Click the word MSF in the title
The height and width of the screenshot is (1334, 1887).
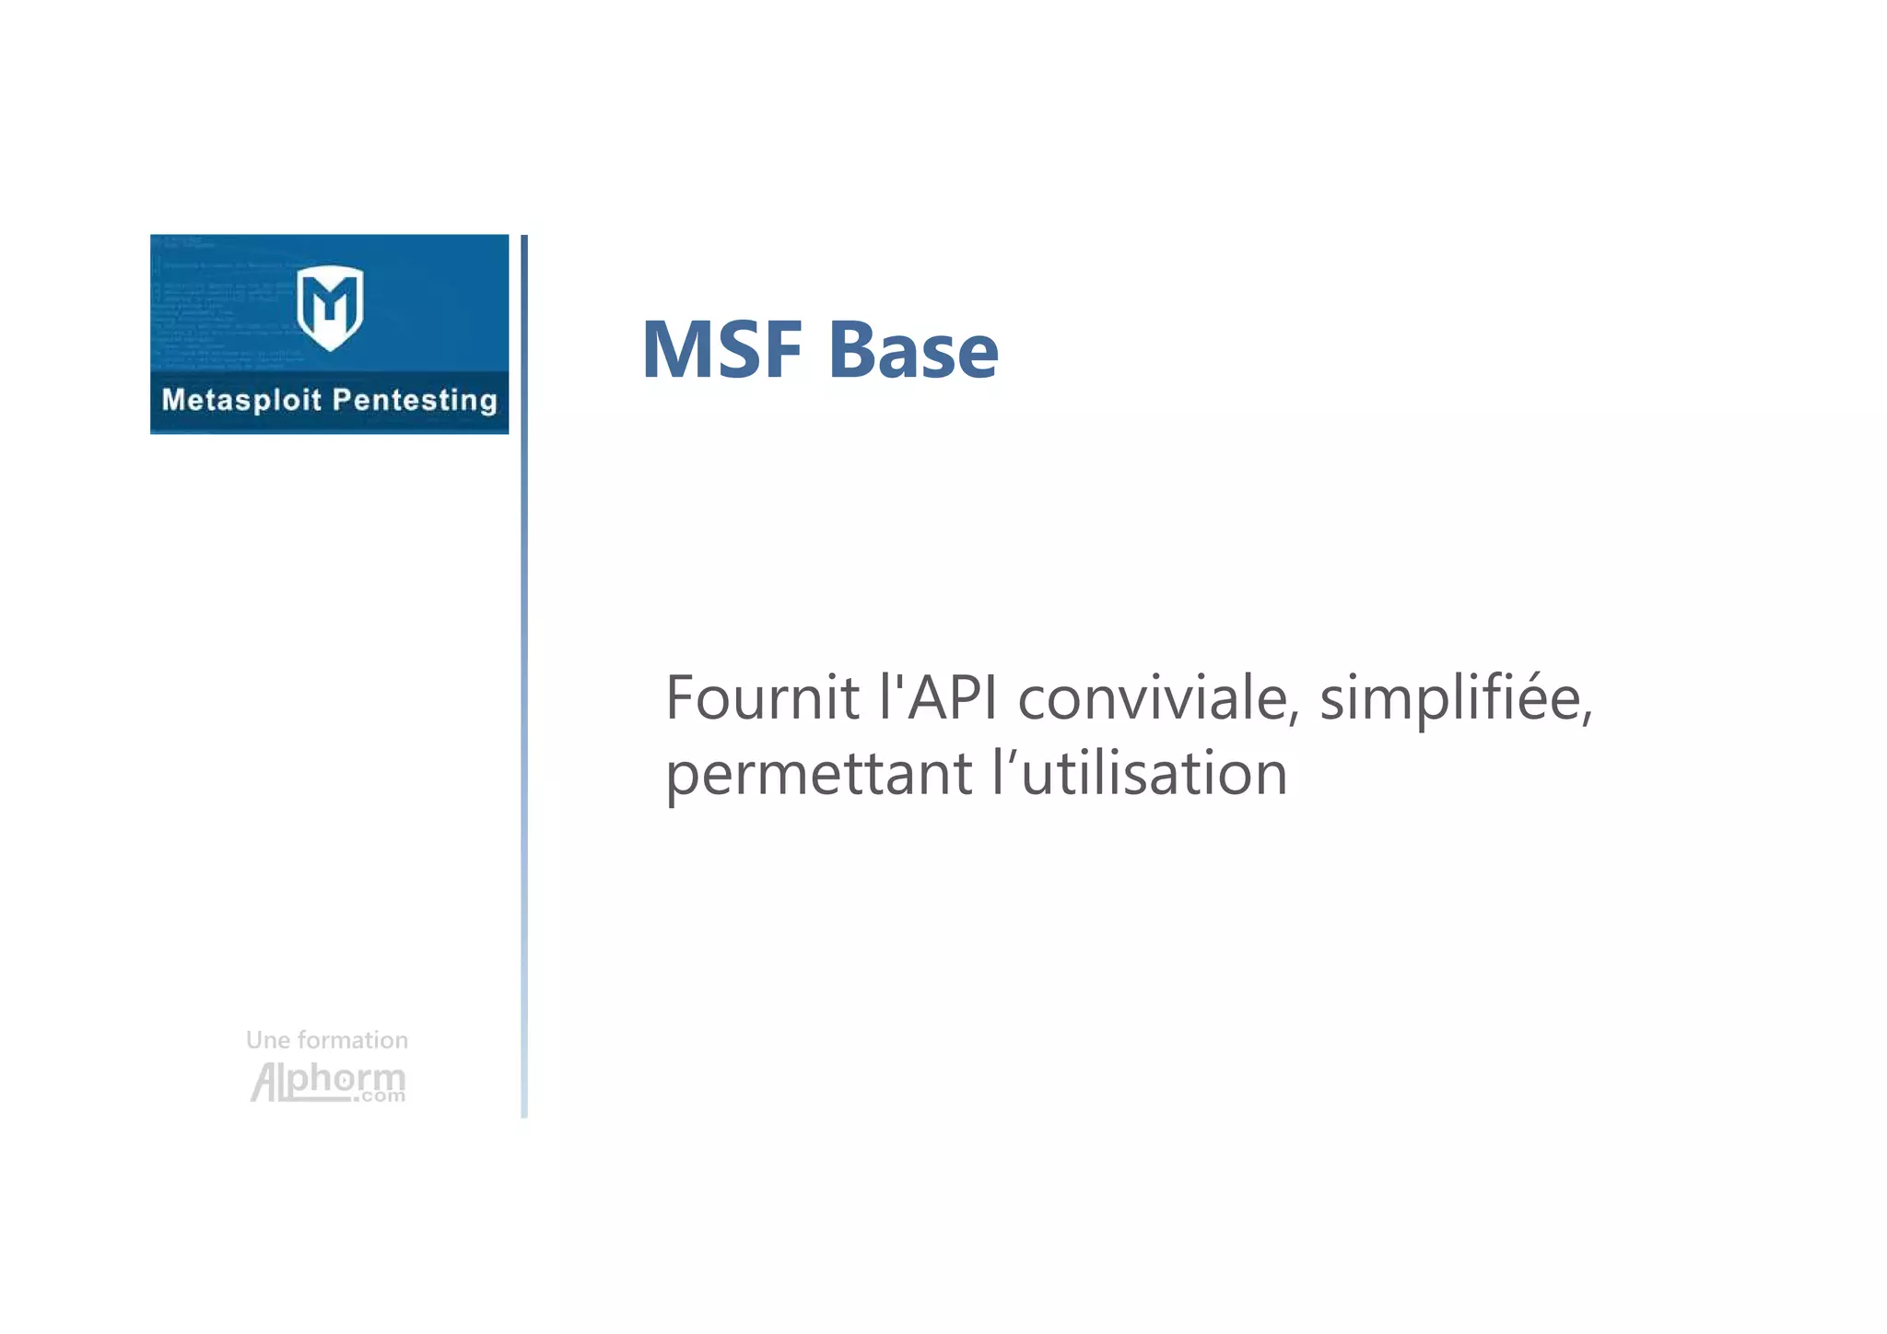point(721,350)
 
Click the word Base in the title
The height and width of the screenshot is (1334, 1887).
point(912,350)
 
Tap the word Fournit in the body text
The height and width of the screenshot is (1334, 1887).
point(762,697)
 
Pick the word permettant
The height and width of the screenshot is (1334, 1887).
point(818,774)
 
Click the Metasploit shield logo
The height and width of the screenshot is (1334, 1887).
point(330,307)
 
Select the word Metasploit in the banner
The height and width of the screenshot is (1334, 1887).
point(241,400)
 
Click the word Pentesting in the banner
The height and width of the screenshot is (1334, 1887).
point(415,400)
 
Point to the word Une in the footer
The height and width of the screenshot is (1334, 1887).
point(268,1040)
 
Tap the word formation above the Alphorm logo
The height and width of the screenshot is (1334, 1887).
point(353,1040)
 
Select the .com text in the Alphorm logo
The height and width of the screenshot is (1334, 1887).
point(379,1096)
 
